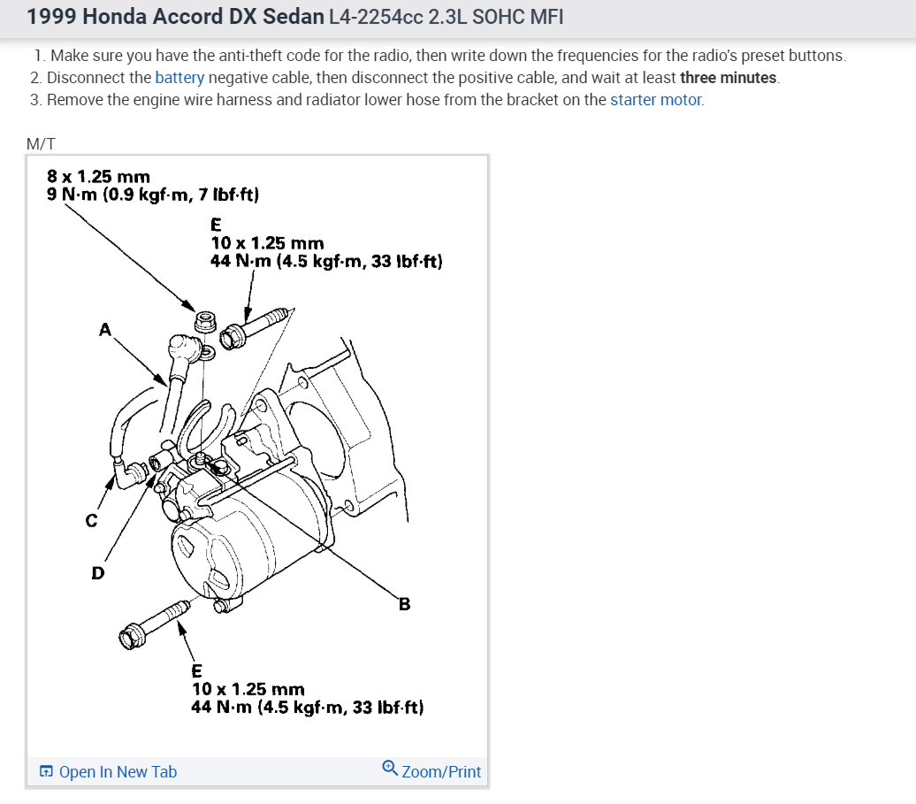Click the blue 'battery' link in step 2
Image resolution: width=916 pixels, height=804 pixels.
click(x=179, y=78)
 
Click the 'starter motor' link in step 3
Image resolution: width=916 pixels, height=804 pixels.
click(x=656, y=100)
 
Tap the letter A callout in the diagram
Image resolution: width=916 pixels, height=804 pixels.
click(x=105, y=330)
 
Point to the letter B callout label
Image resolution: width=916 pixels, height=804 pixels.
click(x=404, y=605)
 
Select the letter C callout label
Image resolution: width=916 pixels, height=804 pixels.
click(x=91, y=521)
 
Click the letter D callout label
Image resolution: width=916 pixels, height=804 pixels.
click(x=98, y=573)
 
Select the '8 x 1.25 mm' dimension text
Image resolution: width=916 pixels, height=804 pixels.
click(x=98, y=177)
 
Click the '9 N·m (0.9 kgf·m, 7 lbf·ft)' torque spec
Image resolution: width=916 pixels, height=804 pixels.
click(x=152, y=194)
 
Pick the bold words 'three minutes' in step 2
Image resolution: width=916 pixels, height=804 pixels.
click(x=729, y=78)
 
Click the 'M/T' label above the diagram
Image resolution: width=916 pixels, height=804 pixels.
click(x=42, y=142)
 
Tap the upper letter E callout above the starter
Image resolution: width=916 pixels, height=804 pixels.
click(x=217, y=225)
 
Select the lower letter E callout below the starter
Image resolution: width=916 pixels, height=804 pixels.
click(x=197, y=670)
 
